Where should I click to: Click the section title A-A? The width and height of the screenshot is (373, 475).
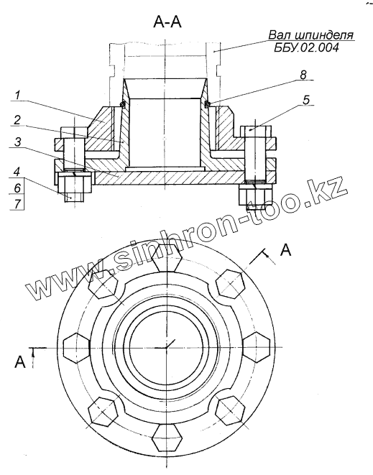(x=167, y=22)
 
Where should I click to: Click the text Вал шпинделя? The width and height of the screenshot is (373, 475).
(x=311, y=34)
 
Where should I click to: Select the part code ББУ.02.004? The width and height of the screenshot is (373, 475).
(x=306, y=47)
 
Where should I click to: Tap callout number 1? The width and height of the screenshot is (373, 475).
(x=17, y=95)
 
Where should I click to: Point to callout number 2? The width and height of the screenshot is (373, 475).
(x=17, y=121)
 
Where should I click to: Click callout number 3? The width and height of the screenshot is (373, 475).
(x=19, y=142)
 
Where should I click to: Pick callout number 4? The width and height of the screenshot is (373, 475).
(x=17, y=172)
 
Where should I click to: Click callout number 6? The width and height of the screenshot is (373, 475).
(x=17, y=188)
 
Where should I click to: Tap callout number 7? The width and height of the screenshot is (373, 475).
(x=17, y=203)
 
